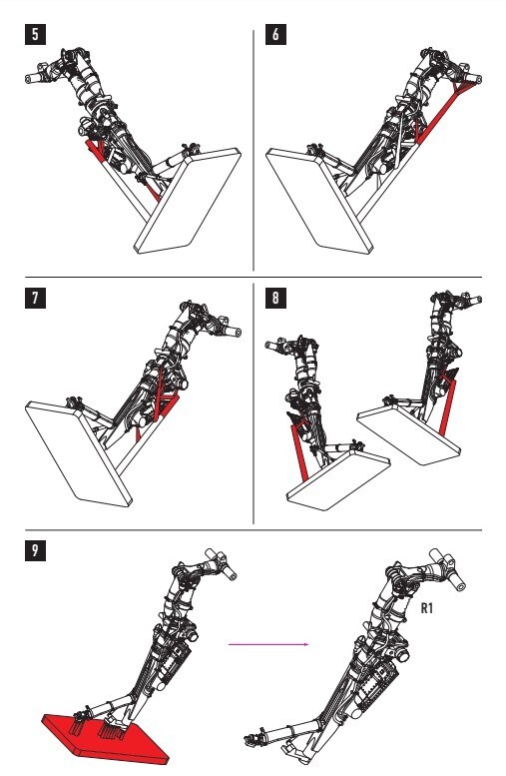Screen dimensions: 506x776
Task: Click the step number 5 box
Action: (x=35, y=35)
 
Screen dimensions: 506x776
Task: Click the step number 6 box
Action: (x=275, y=35)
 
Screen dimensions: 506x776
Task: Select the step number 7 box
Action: (x=35, y=298)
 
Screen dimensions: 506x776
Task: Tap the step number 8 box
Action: (x=275, y=298)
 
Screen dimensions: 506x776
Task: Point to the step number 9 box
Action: (x=35, y=551)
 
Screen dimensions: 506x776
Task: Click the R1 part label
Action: (x=427, y=608)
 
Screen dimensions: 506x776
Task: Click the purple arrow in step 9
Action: (x=268, y=644)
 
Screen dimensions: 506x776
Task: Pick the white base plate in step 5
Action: (x=188, y=201)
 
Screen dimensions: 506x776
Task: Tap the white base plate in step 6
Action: (x=319, y=201)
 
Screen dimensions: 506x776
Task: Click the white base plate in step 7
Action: (x=78, y=453)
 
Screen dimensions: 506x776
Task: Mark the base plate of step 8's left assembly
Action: (x=338, y=480)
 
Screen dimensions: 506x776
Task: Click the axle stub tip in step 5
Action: (x=28, y=78)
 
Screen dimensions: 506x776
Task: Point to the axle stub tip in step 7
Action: (x=238, y=333)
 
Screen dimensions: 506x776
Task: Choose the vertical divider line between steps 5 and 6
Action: (x=253, y=151)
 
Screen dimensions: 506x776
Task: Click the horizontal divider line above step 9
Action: (x=253, y=530)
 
